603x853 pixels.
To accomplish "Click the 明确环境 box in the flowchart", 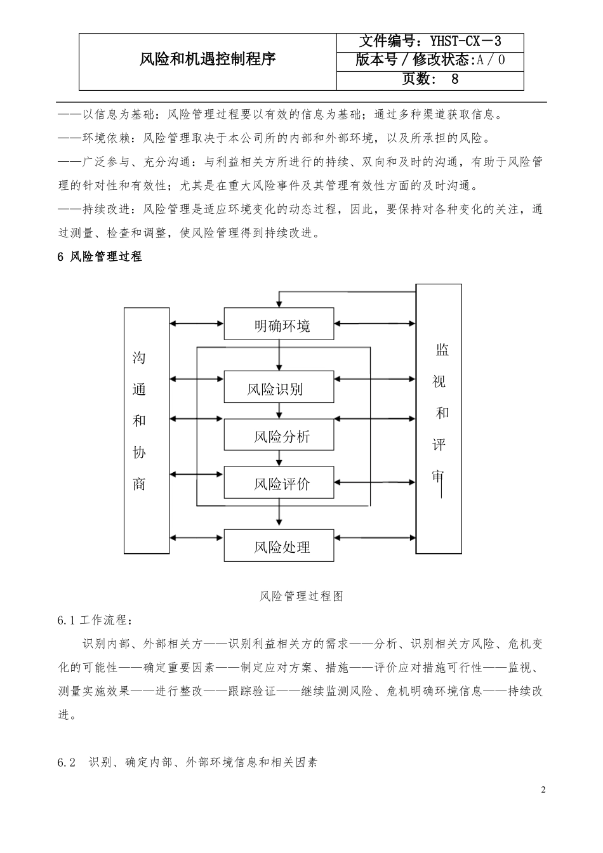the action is (x=279, y=326).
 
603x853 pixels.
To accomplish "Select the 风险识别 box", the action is (x=279, y=388).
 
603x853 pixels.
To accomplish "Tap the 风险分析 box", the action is (x=279, y=436).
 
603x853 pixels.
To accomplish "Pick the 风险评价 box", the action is (x=279, y=483).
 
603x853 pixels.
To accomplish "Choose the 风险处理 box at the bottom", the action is (x=279, y=546).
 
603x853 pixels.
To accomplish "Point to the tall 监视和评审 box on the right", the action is (x=439, y=419).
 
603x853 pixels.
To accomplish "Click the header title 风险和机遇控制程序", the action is (x=208, y=60).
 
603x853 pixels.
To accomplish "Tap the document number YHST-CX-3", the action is (x=466, y=41).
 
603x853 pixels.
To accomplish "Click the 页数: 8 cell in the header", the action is (x=430, y=79).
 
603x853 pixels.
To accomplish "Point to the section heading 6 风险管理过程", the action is (x=100, y=257).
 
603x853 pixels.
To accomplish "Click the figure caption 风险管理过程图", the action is (x=301, y=596).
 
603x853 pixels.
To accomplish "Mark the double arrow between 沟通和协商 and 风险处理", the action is (x=196, y=538).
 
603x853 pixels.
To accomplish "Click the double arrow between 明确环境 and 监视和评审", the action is (x=374, y=324).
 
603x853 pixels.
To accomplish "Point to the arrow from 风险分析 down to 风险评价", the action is (x=279, y=458).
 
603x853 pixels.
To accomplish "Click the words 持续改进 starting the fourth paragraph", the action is (x=107, y=209).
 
